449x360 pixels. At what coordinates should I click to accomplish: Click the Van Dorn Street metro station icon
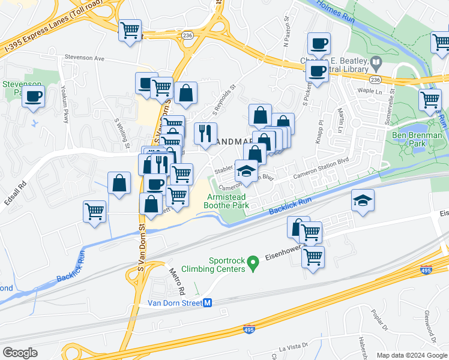[207, 304]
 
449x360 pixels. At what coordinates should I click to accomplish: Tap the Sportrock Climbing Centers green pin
[253, 262]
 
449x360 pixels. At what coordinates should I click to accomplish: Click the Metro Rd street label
[177, 281]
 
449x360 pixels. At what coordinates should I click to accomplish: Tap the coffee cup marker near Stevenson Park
[34, 96]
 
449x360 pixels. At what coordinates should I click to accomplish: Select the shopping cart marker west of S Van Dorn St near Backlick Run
[94, 211]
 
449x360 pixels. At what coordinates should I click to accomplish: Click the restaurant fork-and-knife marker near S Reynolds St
[205, 133]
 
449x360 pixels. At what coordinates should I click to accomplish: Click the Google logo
[20, 353]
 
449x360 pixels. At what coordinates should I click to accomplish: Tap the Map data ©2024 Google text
[412, 355]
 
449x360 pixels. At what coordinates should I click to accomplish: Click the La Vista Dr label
[292, 346]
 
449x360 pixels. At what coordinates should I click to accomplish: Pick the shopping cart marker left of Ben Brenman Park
[430, 99]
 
